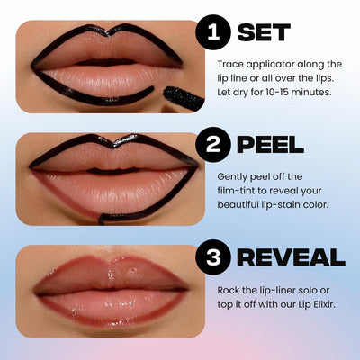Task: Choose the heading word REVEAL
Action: click(292, 257)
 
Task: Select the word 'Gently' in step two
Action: click(234, 177)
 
